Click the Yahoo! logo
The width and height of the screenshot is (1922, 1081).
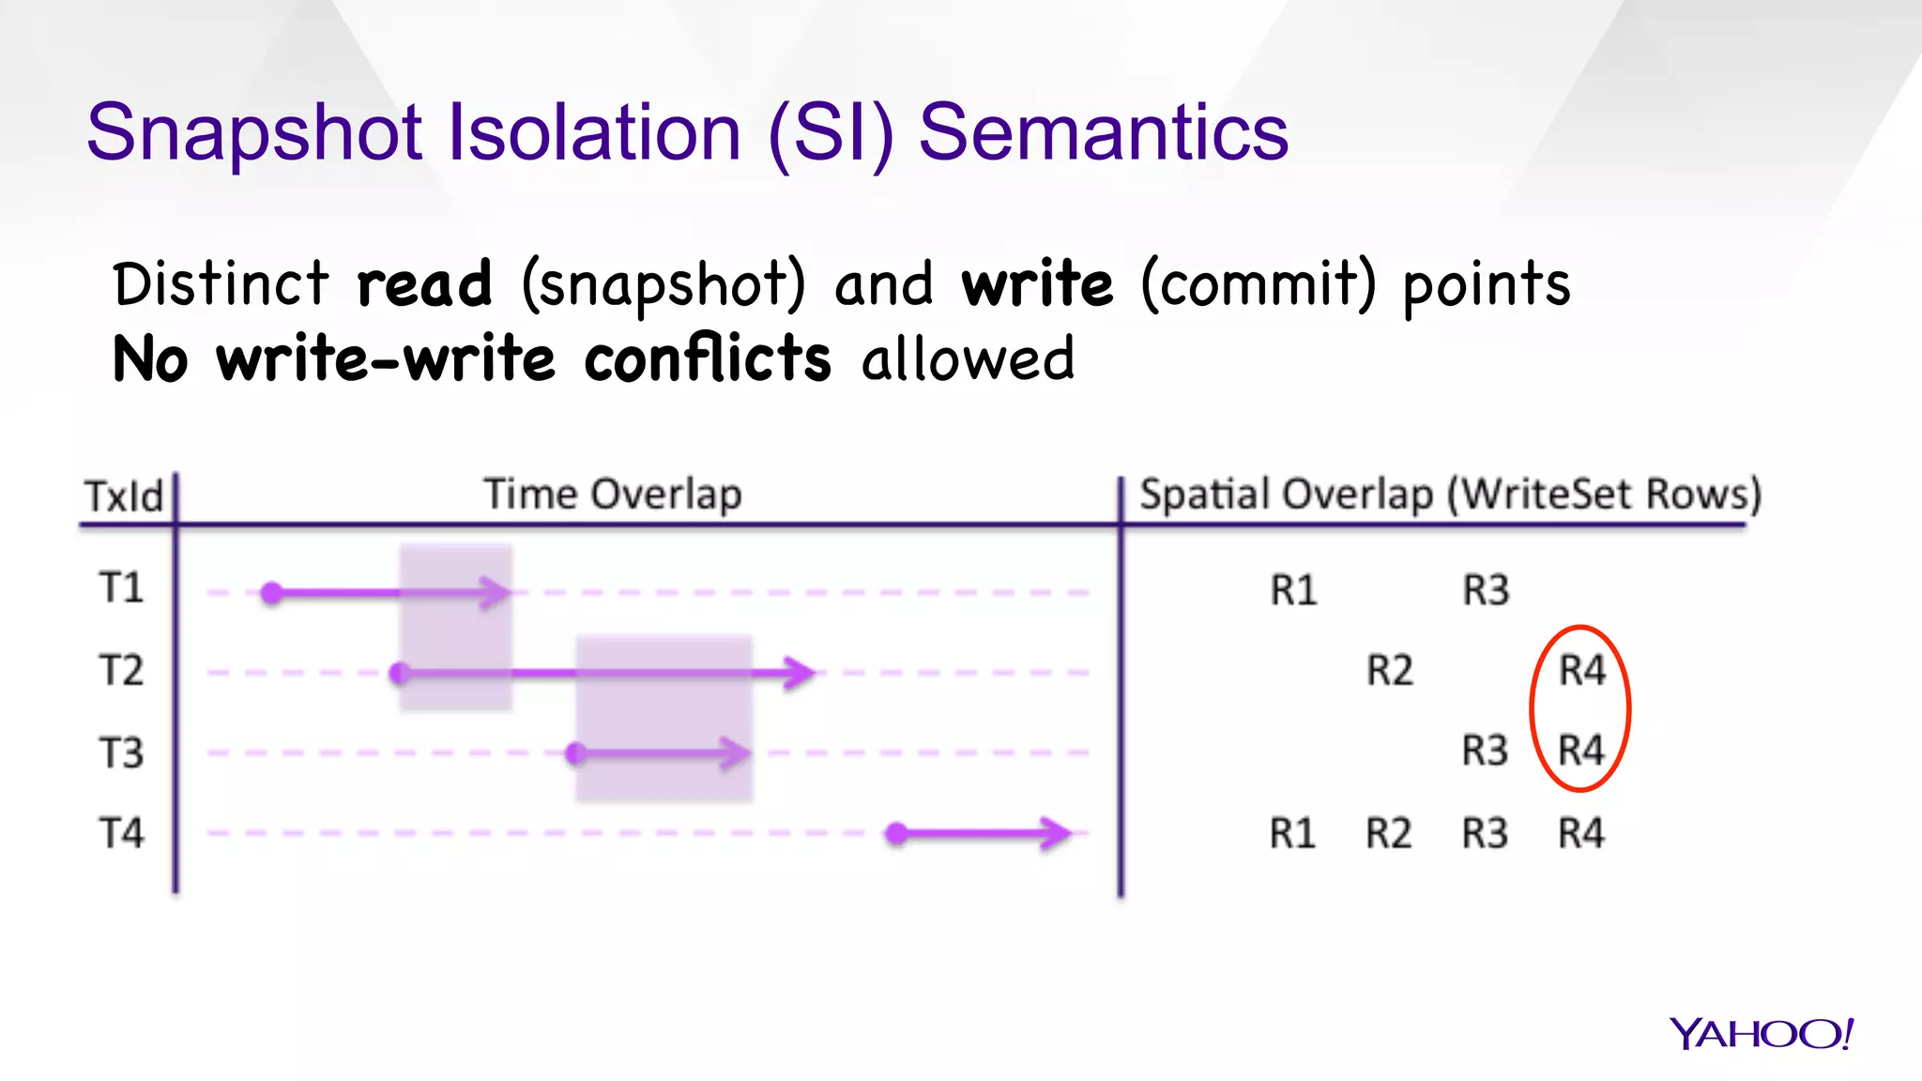(1761, 1033)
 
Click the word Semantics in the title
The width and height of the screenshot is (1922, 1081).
(1103, 133)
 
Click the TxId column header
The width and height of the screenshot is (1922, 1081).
(124, 496)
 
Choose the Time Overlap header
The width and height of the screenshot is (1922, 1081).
(613, 495)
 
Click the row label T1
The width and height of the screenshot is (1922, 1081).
(121, 588)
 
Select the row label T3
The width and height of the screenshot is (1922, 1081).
(121, 753)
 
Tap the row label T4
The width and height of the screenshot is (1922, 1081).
(121, 833)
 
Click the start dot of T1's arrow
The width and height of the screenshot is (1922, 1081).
(272, 593)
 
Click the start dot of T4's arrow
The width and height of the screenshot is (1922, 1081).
(897, 833)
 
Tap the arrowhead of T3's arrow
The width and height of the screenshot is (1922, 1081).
(737, 753)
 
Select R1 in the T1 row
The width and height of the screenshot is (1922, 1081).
(1293, 590)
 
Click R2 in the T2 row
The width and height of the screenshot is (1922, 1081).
(1389, 671)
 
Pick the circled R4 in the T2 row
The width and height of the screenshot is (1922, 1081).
(1582, 671)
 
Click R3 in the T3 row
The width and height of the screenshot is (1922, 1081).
(1485, 751)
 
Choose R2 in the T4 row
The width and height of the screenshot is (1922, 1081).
(1389, 833)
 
